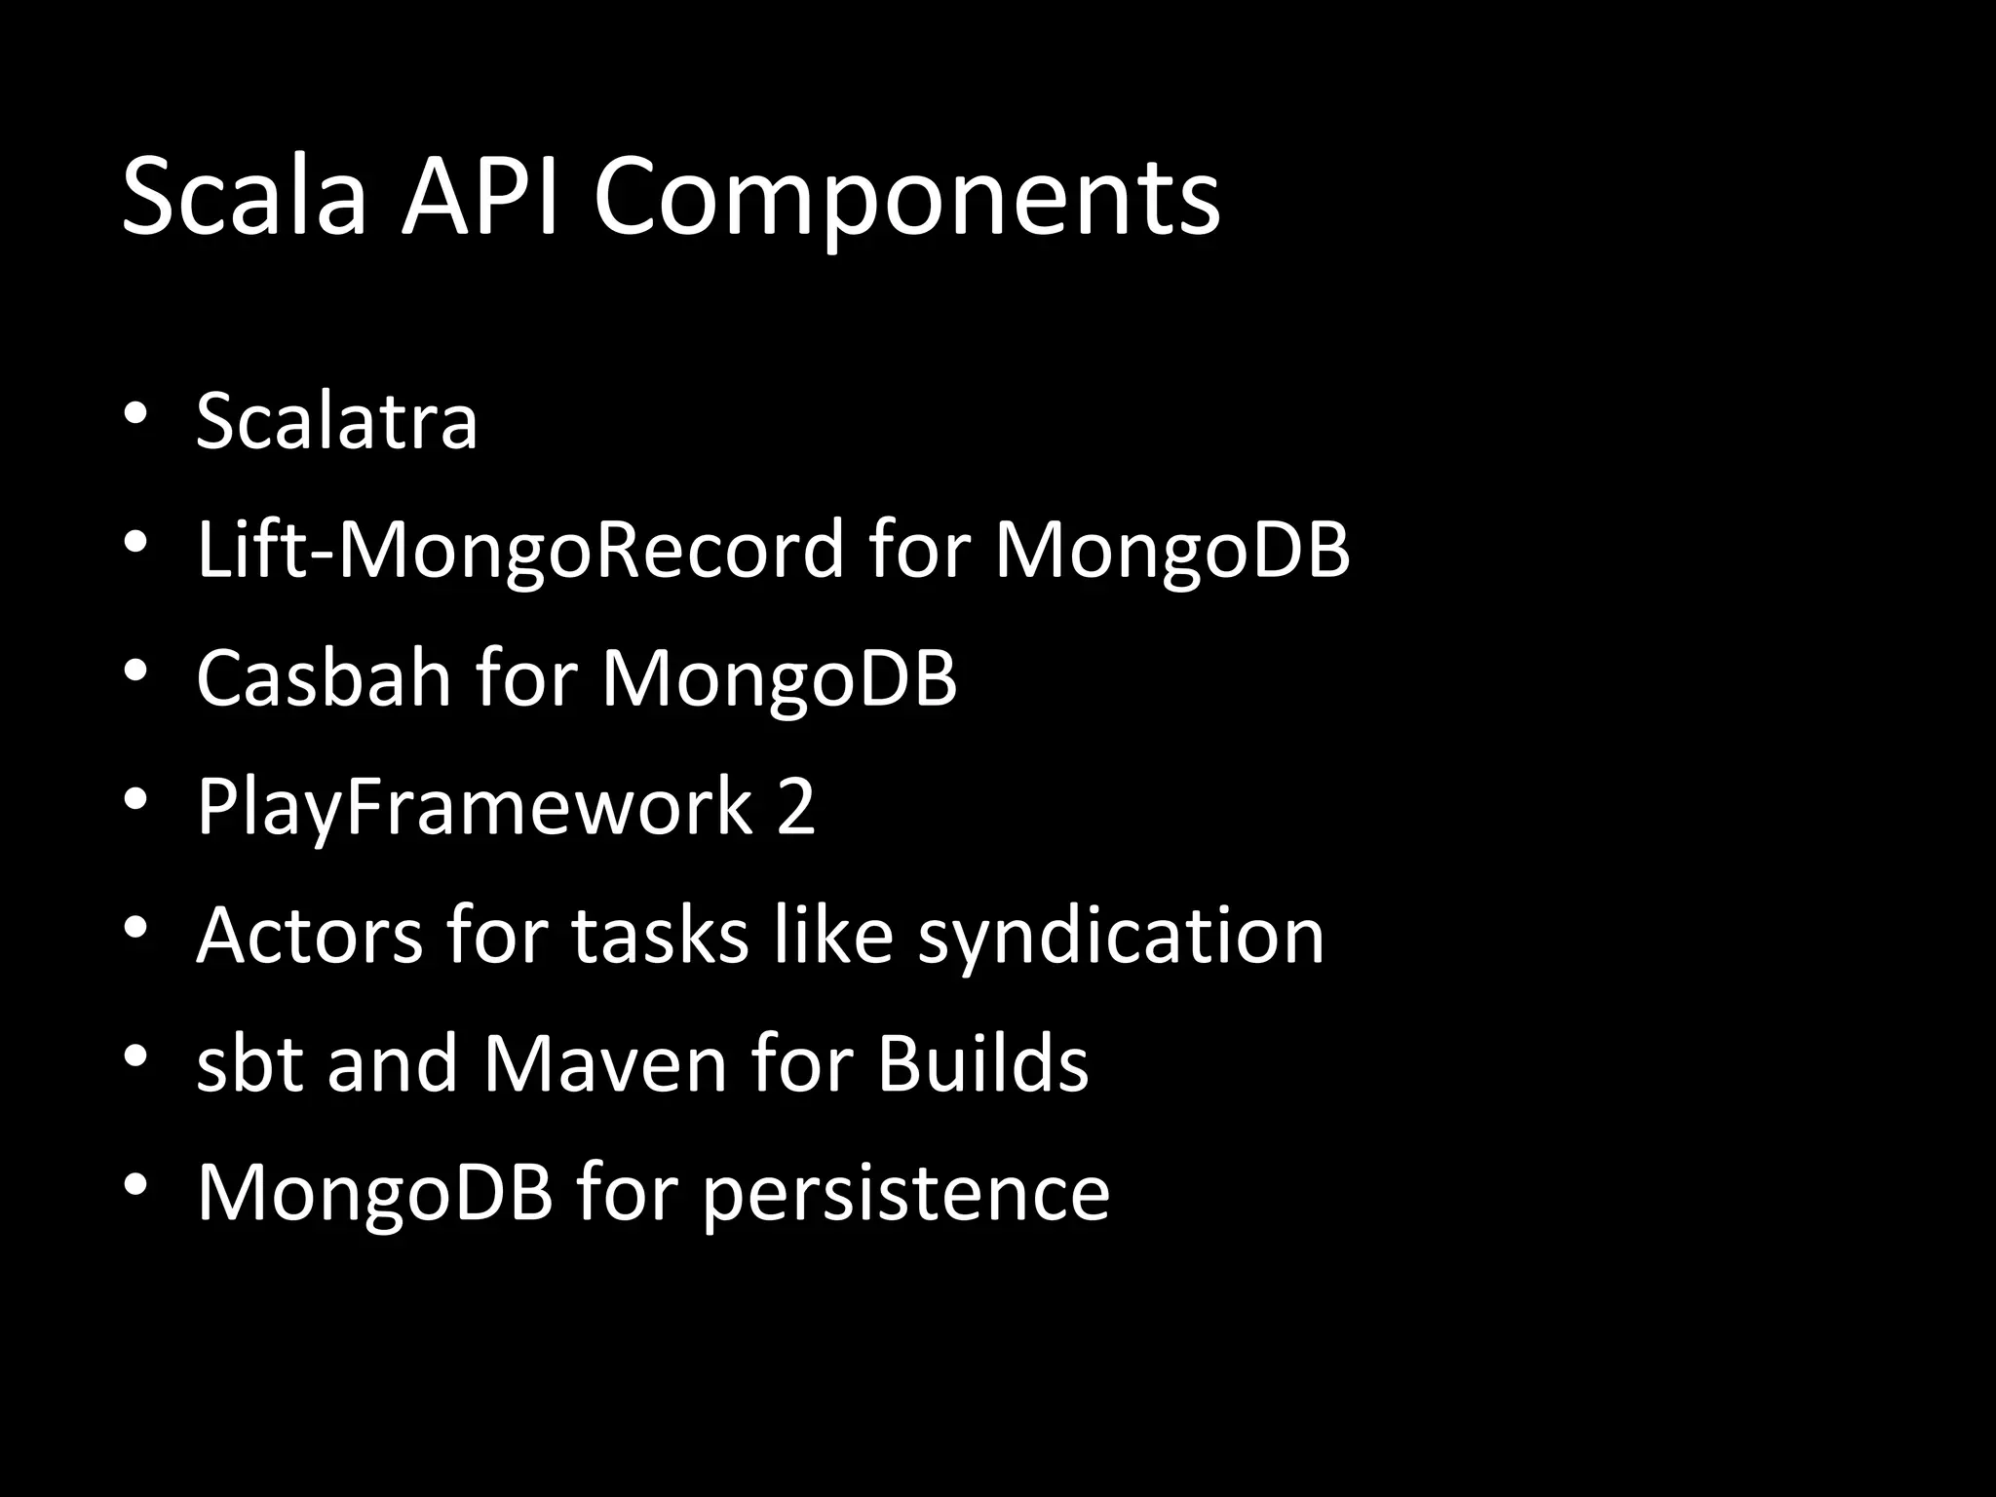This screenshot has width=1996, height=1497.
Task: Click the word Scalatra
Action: click(336, 421)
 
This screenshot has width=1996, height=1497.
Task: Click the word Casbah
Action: click(324, 677)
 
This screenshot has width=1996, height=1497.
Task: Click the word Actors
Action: click(309, 935)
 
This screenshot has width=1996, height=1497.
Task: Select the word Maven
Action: click(605, 1063)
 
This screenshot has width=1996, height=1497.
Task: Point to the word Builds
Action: click(982, 1063)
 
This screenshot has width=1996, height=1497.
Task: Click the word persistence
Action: click(905, 1193)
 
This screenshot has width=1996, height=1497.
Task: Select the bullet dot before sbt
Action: click(135, 1056)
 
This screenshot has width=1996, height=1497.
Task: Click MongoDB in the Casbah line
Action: click(779, 678)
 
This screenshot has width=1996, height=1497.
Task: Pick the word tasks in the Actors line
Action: click(660, 935)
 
